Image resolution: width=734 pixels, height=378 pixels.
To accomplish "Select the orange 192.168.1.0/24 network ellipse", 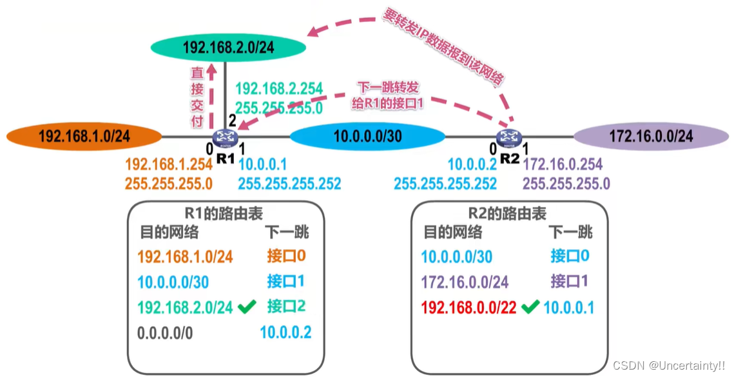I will (x=84, y=136).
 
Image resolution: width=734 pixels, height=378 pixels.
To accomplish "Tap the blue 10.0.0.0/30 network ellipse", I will (x=367, y=136).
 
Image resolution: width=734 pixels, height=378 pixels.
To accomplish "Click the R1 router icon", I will (x=226, y=136).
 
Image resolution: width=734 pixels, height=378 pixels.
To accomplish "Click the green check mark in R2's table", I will (x=530, y=308).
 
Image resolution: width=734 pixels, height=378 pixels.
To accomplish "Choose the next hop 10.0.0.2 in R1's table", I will (x=285, y=333).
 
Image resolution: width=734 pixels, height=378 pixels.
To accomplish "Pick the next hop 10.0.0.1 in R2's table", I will (x=569, y=308).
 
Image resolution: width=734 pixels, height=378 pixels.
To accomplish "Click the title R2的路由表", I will (x=508, y=213).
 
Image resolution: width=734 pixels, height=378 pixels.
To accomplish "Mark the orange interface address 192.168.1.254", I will (x=168, y=165).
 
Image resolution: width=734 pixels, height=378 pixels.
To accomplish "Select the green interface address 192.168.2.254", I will (x=279, y=89).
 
